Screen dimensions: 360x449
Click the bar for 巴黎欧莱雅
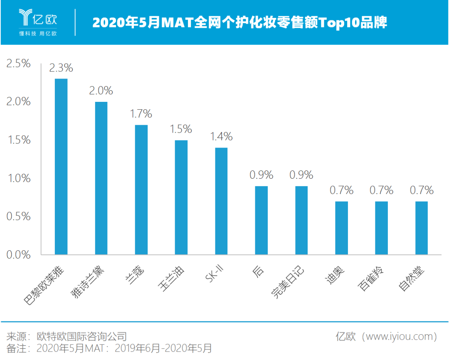point(61,167)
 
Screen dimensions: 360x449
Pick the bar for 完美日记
point(301,220)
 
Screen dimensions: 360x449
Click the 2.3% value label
point(61,68)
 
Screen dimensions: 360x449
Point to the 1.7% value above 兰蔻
point(141,114)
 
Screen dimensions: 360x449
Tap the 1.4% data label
point(221,137)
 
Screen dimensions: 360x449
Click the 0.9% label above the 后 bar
point(261,175)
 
